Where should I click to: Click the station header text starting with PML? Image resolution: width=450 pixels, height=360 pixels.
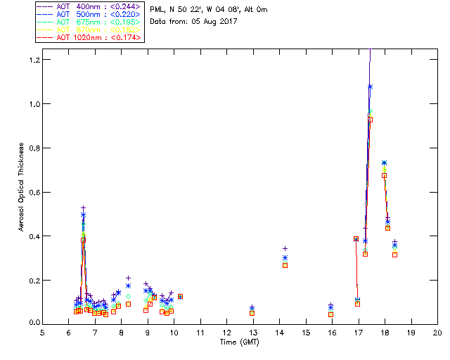(x=208, y=10)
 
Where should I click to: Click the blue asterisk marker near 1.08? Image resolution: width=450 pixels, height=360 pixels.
(x=370, y=86)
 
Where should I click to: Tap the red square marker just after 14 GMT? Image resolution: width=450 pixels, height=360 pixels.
(x=285, y=265)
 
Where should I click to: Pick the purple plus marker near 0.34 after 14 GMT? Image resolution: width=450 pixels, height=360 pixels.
(x=285, y=248)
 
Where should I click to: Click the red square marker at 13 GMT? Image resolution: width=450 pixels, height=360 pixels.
(x=252, y=313)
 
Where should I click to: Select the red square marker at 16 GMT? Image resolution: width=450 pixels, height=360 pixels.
(x=330, y=314)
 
